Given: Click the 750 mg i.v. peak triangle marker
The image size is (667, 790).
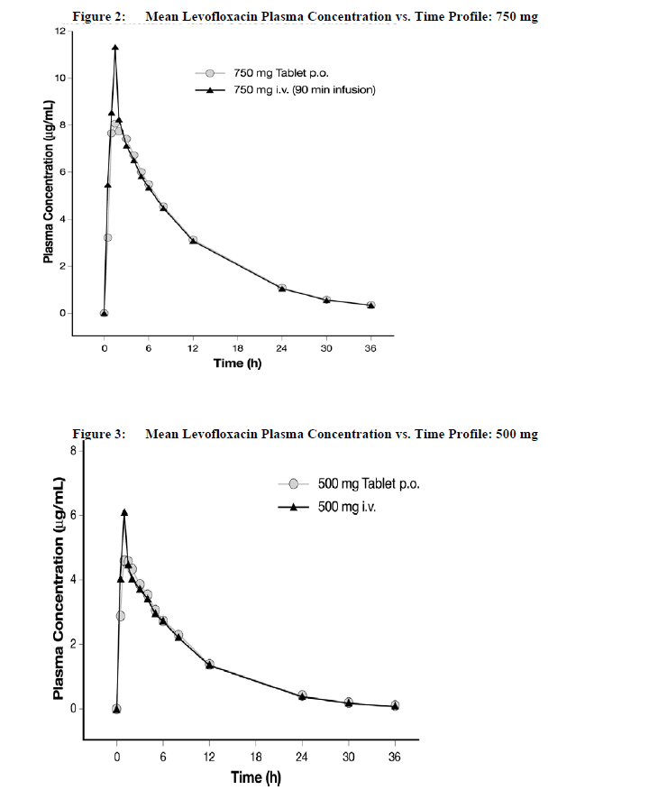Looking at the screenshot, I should [x=114, y=48].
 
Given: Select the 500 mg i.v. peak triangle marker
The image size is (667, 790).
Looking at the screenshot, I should [x=124, y=512].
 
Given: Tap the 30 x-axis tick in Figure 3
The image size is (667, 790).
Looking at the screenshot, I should [x=348, y=758].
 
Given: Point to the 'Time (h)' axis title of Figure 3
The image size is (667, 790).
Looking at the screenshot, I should [x=256, y=777].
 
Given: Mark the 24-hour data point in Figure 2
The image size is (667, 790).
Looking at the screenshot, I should [x=282, y=289].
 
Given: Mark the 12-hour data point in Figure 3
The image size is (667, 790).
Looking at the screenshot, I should [x=210, y=665].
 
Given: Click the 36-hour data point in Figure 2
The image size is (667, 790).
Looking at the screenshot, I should [x=370, y=306].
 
